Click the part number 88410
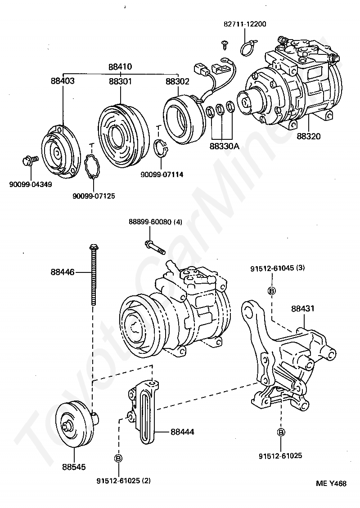(x=120, y=67)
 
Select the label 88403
(x=63, y=81)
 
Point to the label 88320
(x=308, y=136)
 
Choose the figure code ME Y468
(x=331, y=484)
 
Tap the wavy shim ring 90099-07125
(x=93, y=167)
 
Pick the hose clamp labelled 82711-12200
(x=249, y=47)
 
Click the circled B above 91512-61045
(x=271, y=291)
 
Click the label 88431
(x=302, y=309)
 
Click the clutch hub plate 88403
(x=57, y=153)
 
